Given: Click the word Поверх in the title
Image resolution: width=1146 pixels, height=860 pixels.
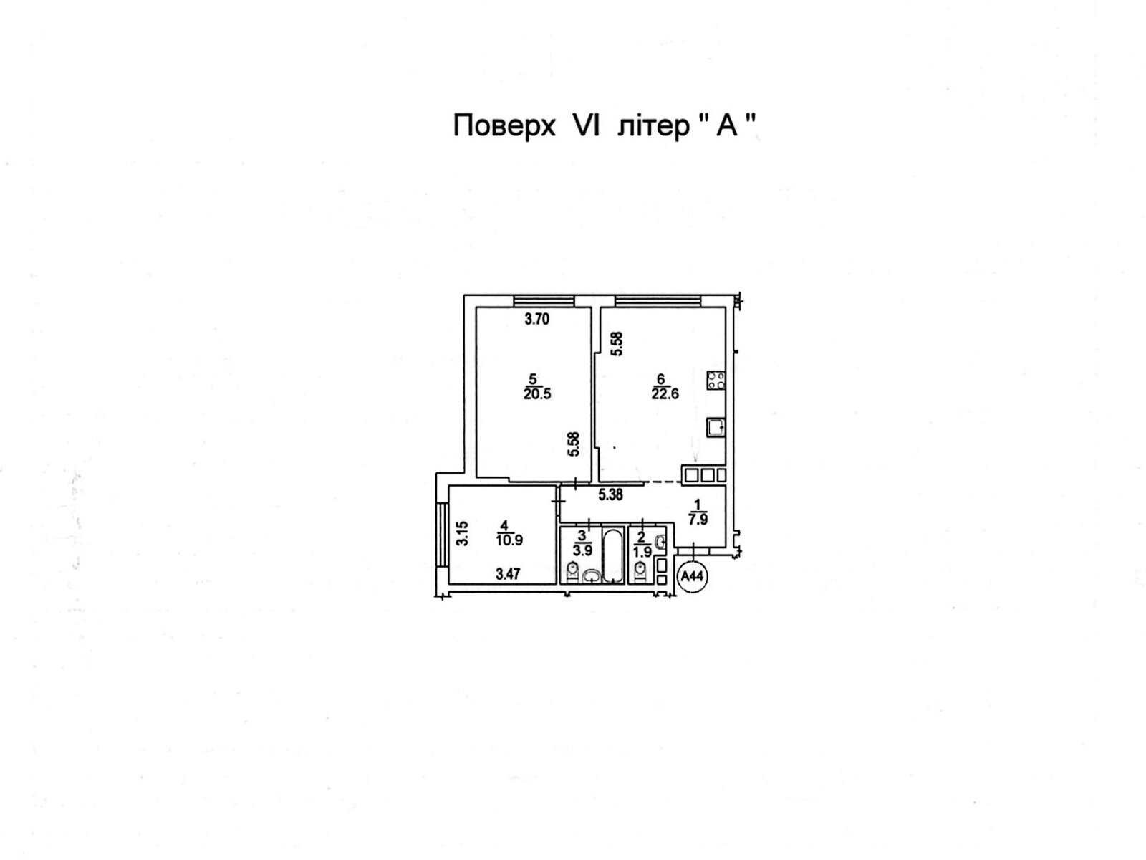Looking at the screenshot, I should pos(505,127).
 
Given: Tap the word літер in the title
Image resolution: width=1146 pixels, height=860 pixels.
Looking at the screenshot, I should pos(652,127).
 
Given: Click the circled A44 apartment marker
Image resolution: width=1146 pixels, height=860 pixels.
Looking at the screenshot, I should pos(692,575).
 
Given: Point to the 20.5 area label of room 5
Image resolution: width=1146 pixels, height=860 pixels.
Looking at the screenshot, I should pos(537,393).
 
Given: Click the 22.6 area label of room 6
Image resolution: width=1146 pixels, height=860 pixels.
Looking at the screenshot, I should pos(665,393).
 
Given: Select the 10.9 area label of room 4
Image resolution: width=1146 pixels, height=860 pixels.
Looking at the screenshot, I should pos(509,540).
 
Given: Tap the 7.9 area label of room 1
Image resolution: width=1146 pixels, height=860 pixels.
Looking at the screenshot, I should pos(698,520).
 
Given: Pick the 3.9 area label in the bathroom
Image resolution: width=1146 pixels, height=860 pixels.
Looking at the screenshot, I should pos(582,550).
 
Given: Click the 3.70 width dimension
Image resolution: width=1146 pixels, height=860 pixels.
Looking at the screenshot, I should pos(537,320).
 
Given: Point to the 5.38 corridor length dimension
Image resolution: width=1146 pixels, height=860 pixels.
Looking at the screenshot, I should pos(610,494).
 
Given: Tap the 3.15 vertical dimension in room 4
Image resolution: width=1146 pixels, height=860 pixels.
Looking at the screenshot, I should pos(463,534).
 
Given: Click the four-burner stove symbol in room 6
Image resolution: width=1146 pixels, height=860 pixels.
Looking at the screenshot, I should pos(716,380).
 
